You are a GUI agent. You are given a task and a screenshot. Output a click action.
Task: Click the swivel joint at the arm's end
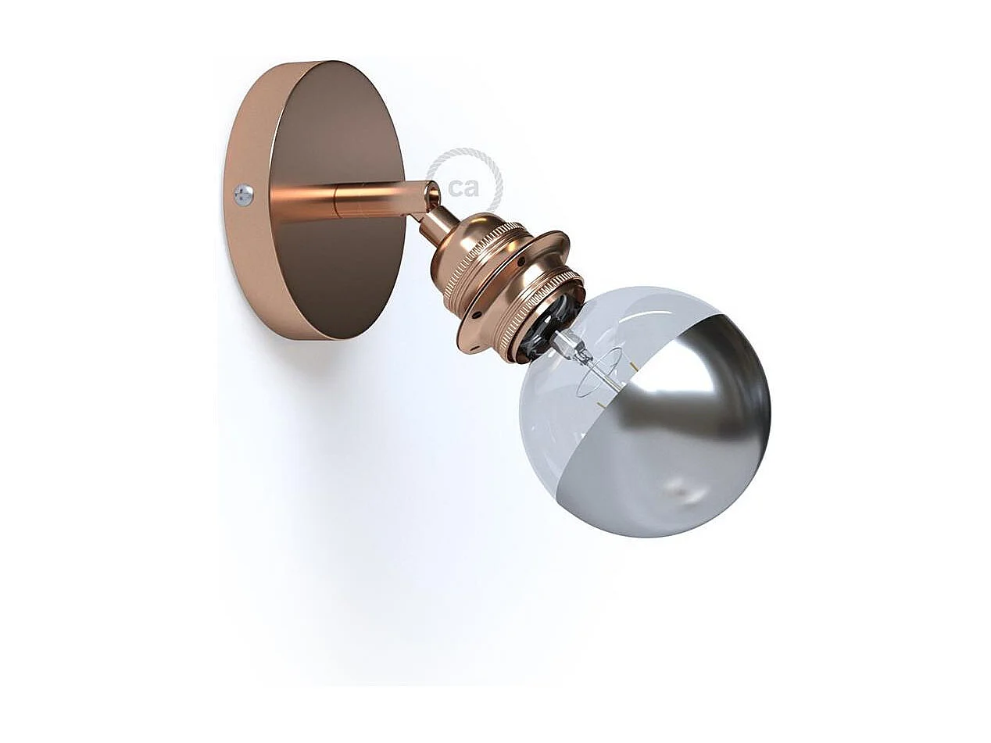point(428,196)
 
